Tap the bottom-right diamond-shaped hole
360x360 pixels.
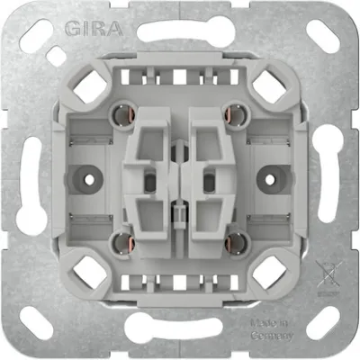pos(267,269)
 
